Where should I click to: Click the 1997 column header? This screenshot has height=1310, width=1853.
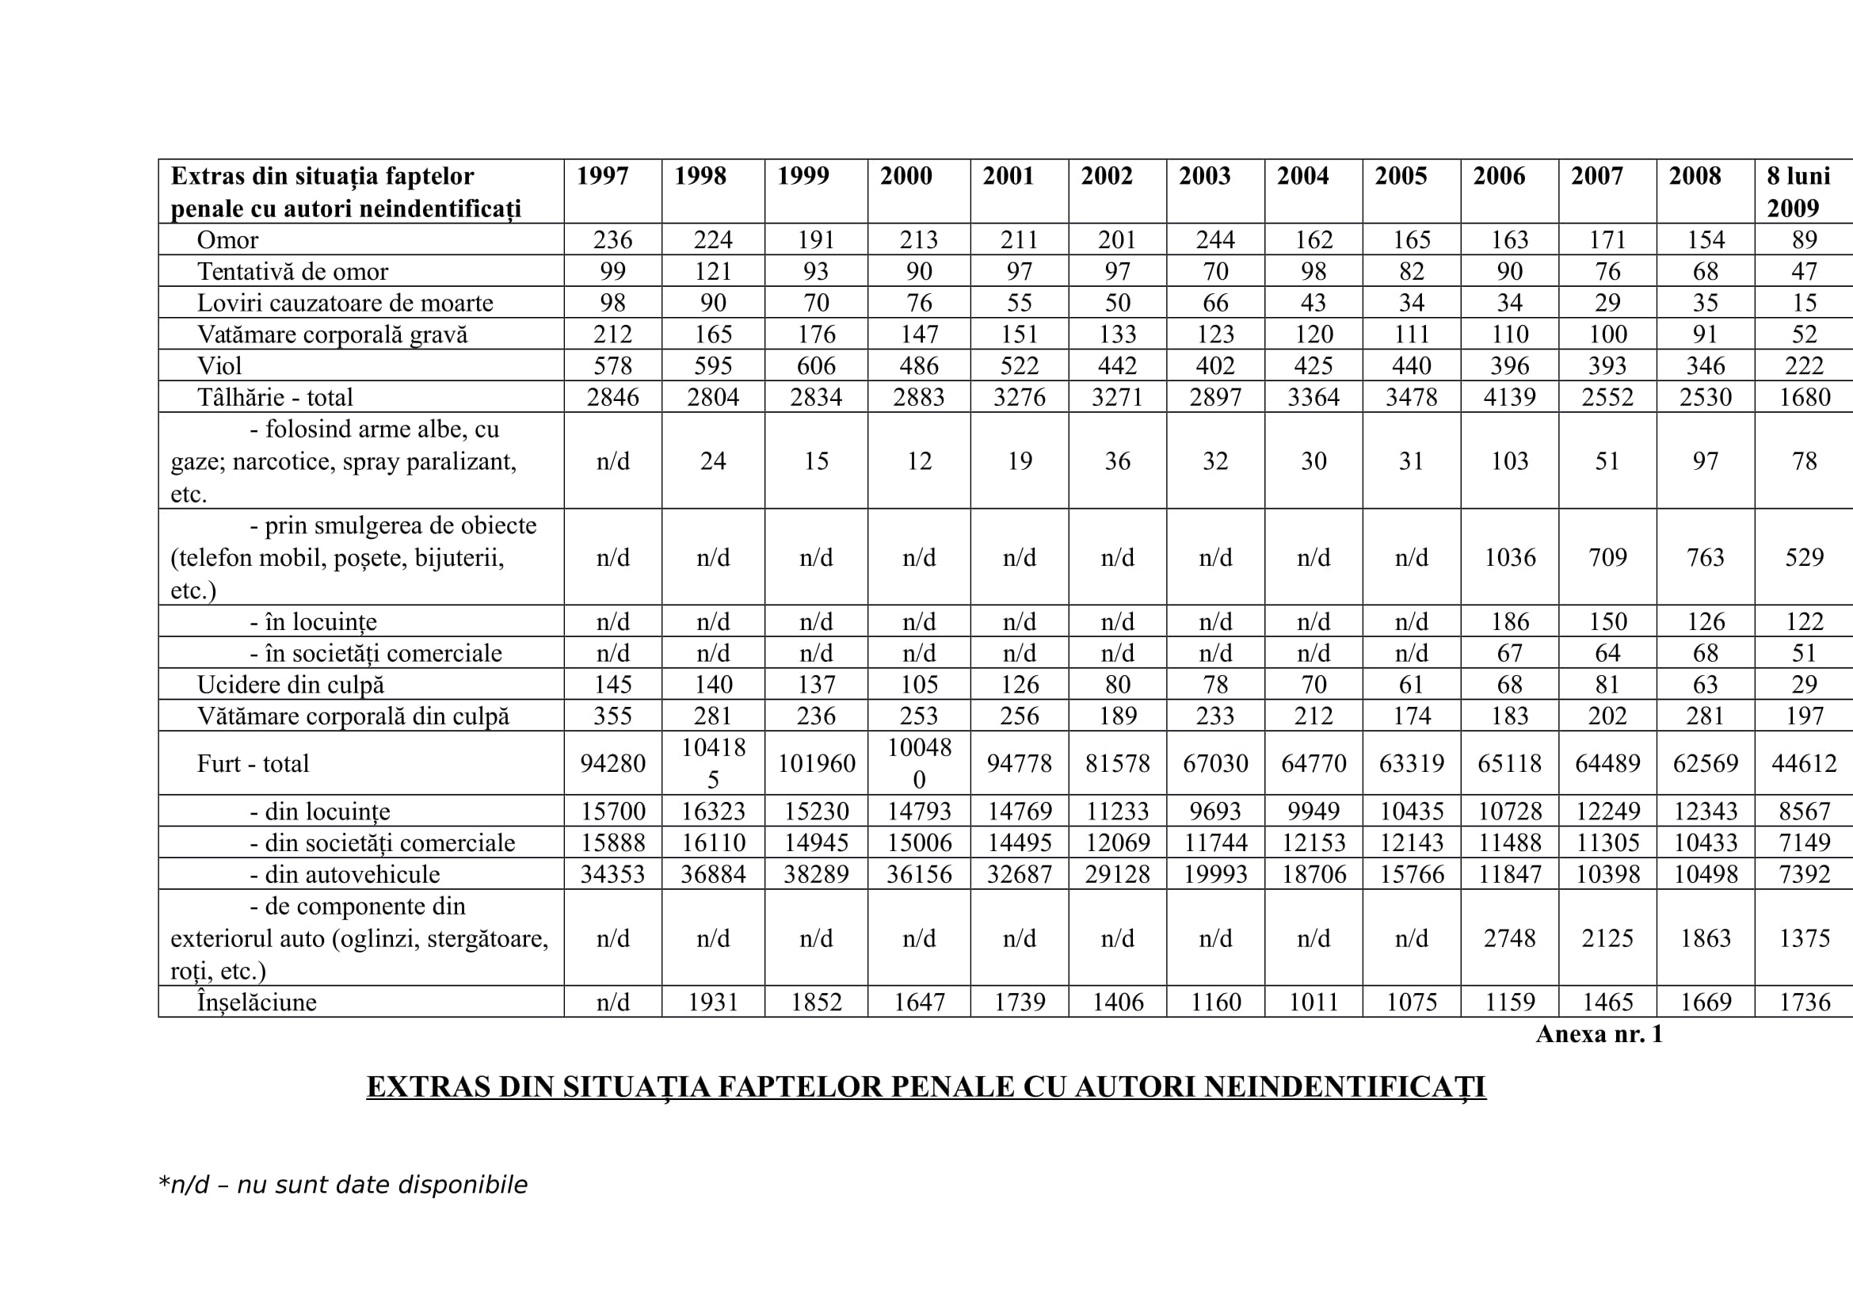[602, 176]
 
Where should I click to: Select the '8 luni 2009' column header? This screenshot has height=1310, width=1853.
[1798, 191]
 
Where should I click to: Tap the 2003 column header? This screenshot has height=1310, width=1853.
[1204, 176]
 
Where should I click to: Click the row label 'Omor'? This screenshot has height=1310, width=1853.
[227, 239]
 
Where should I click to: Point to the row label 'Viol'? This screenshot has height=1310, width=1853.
[219, 365]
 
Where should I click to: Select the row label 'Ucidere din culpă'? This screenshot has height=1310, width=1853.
[291, 685]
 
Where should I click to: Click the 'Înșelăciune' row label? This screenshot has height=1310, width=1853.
[257, 1002]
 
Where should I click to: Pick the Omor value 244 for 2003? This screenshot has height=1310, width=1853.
[1214, 239]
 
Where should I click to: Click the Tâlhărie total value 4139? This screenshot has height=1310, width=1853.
[1509, 397]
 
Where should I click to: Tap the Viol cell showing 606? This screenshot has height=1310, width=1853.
[816, 365]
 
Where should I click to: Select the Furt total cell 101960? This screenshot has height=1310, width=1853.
[816, 762]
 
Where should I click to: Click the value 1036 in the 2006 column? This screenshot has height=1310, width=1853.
[1509, 557]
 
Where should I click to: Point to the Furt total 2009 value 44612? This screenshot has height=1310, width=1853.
[1804, 762]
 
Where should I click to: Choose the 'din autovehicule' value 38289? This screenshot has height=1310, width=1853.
[816, 874]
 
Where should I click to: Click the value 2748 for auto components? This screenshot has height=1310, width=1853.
[1509, 938]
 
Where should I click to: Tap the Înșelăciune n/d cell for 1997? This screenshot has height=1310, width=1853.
[612, 1002]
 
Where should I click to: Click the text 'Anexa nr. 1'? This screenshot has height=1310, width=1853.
[1599, 1034]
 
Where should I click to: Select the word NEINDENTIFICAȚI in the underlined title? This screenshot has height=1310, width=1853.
[1344, 1087]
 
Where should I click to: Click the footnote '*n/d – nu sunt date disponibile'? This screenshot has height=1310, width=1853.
[343, 1185]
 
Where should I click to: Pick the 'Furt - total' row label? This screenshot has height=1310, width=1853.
[253, 762]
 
